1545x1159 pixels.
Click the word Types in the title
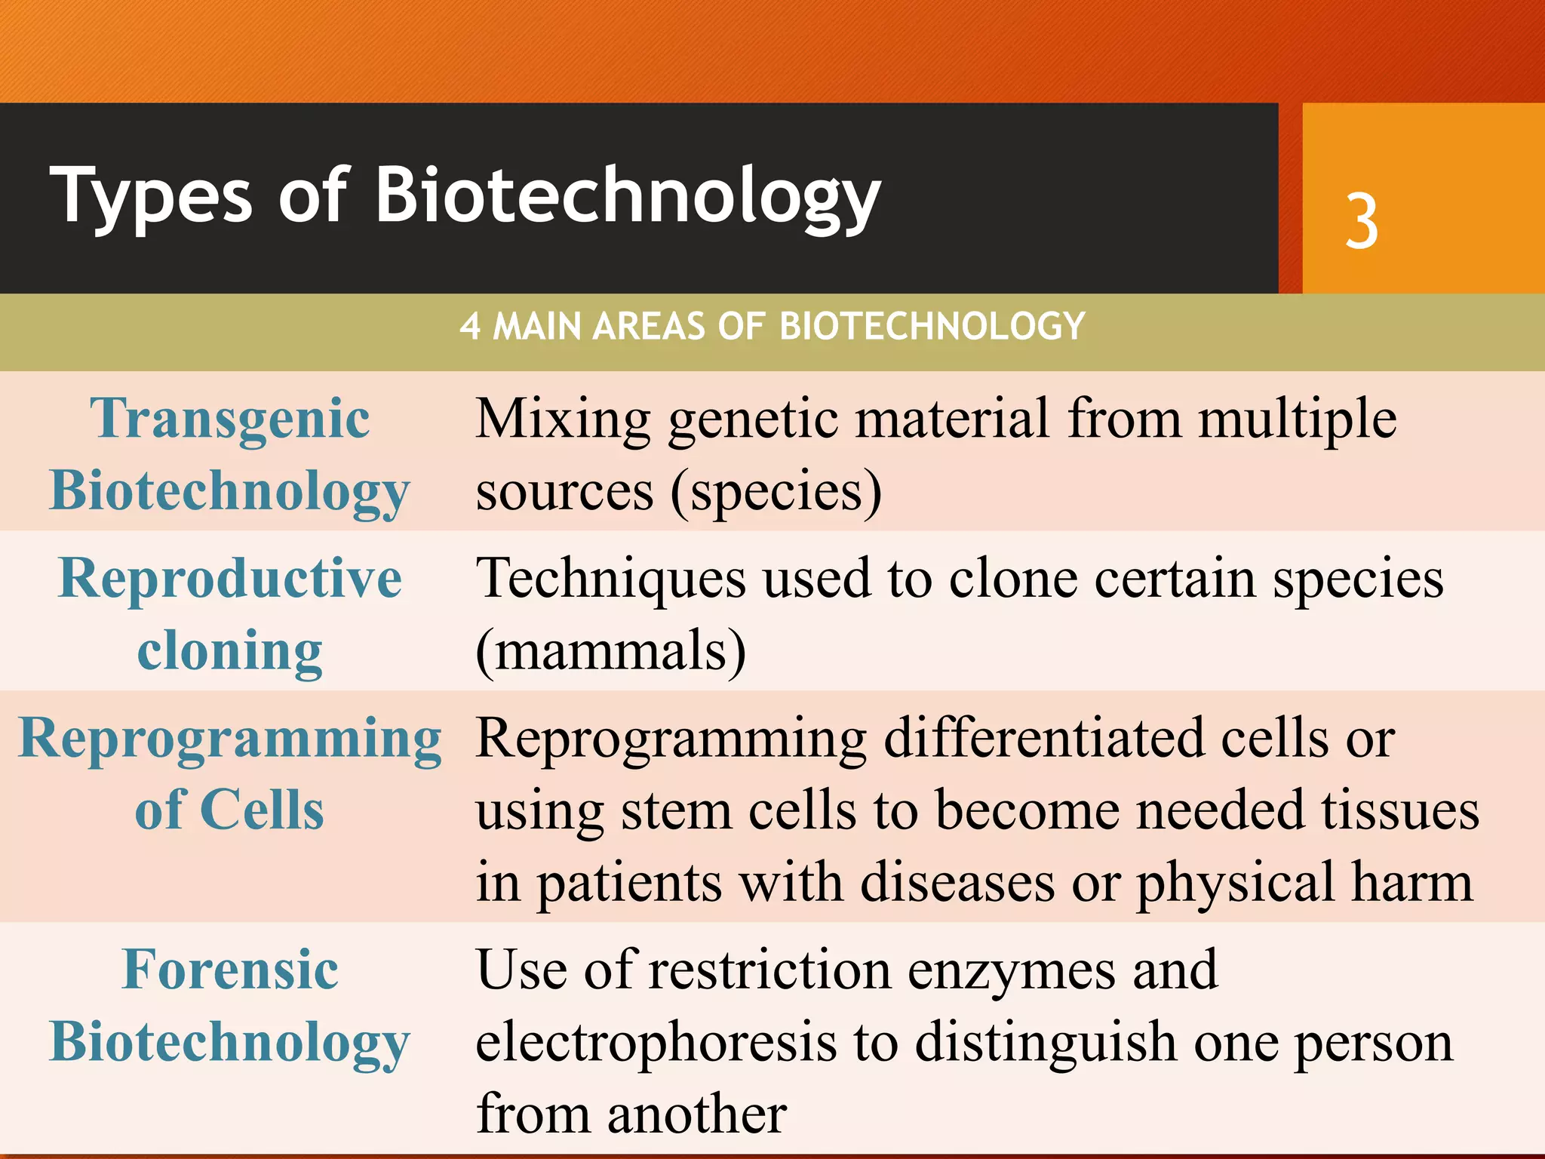click(x=151, y=196)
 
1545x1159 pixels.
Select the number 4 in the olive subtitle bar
click(x=470, y=327)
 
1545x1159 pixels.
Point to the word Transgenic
click(x=230, y=420)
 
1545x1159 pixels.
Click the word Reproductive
click(x=230, y=579)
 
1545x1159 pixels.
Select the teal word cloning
click(x=230, y=651)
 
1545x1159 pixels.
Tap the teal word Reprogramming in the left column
click(x=230, y=738)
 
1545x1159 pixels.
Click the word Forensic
click(x=230, y=970)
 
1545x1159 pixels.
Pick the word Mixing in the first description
click(x=563, y=420)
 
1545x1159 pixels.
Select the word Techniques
click(x=611, y=579)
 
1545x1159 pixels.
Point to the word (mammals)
click(x=611, y=651)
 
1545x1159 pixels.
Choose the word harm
click(x=1411, y=883)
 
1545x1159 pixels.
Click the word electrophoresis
click(x=656, y=1042)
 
